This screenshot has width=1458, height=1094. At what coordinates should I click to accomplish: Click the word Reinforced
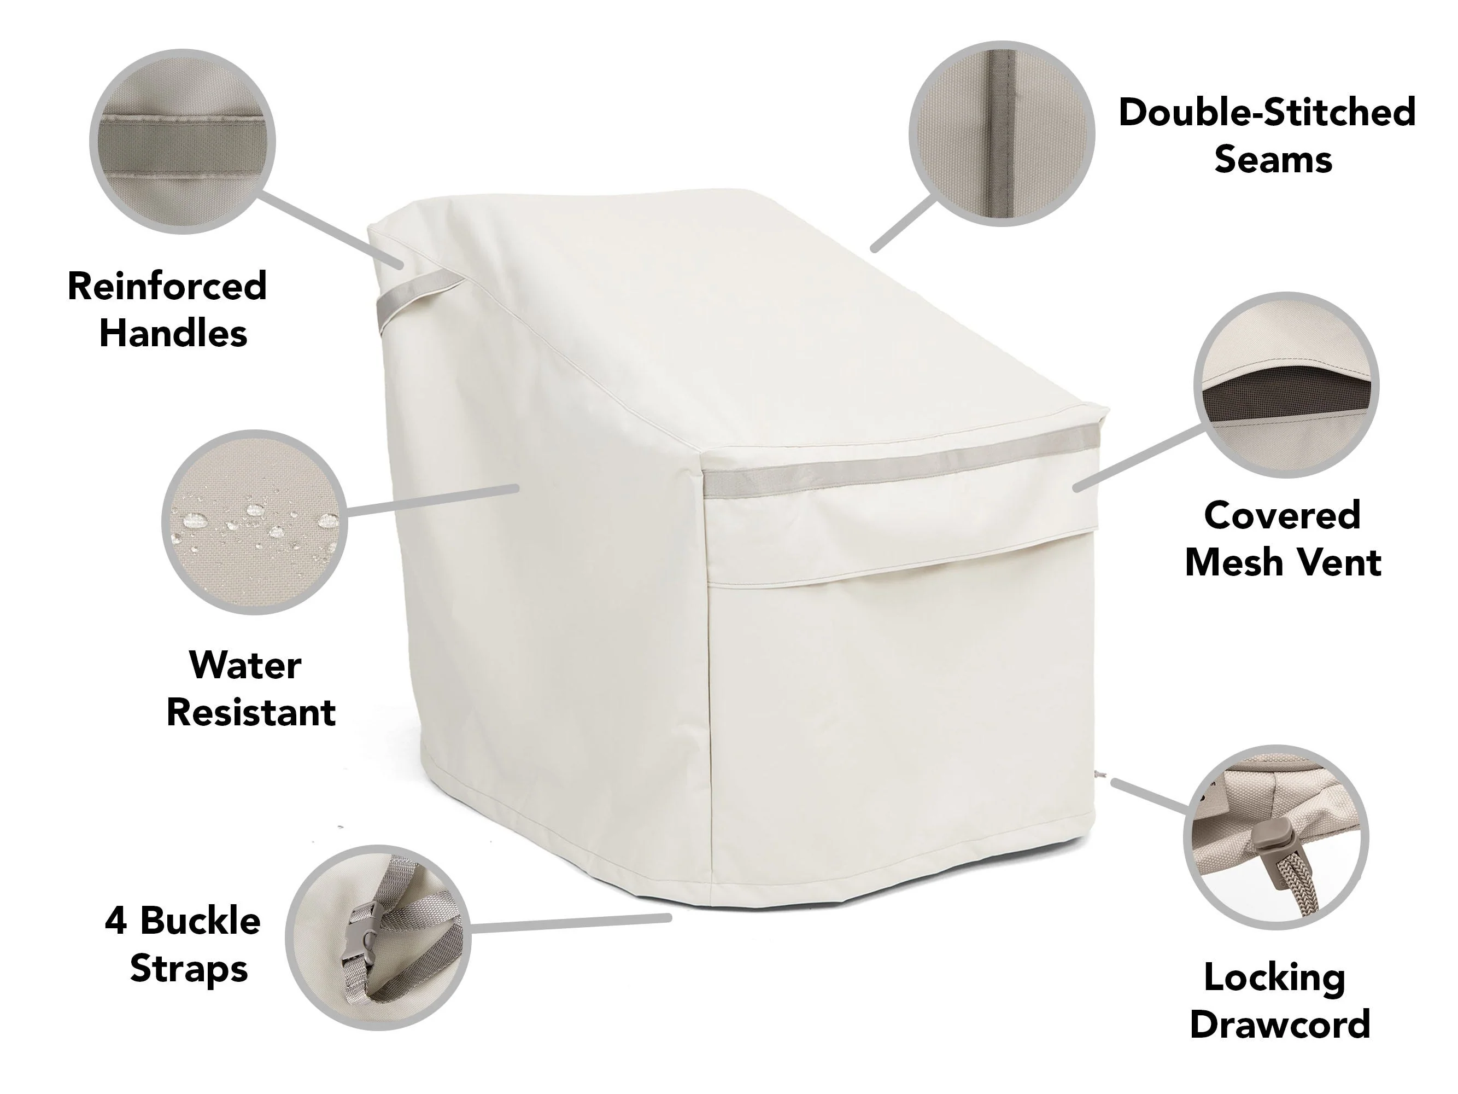[167, 286]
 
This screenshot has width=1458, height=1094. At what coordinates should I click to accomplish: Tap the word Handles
[173, 333]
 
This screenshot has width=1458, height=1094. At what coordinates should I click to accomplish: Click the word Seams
[1273, 160]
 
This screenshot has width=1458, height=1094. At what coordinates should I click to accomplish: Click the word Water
[245, 665]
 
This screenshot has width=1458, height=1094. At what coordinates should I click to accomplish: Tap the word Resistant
[251, 713]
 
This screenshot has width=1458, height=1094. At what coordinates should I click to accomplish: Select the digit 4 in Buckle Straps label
[116, 921]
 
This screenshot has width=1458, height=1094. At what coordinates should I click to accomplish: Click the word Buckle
[201, 921]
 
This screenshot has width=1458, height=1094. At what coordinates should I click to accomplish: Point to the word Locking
[1275, 979]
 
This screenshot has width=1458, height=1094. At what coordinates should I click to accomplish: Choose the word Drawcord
[1280, 1025]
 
